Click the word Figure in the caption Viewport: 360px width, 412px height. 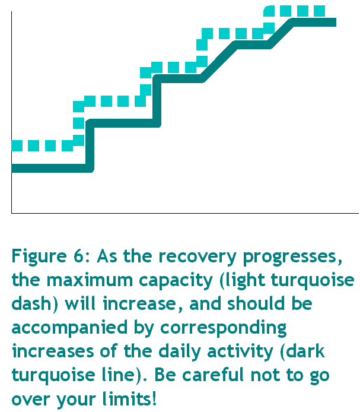point(39,256)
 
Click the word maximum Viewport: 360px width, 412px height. point(90,280)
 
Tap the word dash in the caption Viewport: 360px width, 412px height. point(31,303)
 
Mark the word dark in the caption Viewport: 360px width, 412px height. point(305,351)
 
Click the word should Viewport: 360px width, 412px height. point(256,303)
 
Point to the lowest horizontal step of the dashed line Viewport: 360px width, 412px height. point(42,146)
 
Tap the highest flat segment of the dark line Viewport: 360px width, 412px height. point(314,23)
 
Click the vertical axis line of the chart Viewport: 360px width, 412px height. point(11,112)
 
